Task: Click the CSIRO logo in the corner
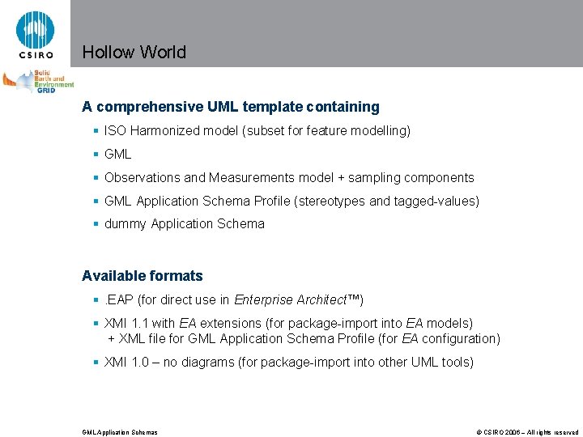click(35, 34)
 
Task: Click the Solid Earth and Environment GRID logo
click(38, 82)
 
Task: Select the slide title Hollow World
click(134, 53)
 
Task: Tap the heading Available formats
click(143, 276)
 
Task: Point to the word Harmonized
click(167, 130)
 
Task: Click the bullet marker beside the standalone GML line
click(96, 154)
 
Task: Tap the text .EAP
click(119, 300)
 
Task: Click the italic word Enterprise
click(263, 300)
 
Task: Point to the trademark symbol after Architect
click(353, 299)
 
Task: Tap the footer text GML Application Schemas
click(120, 432)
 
